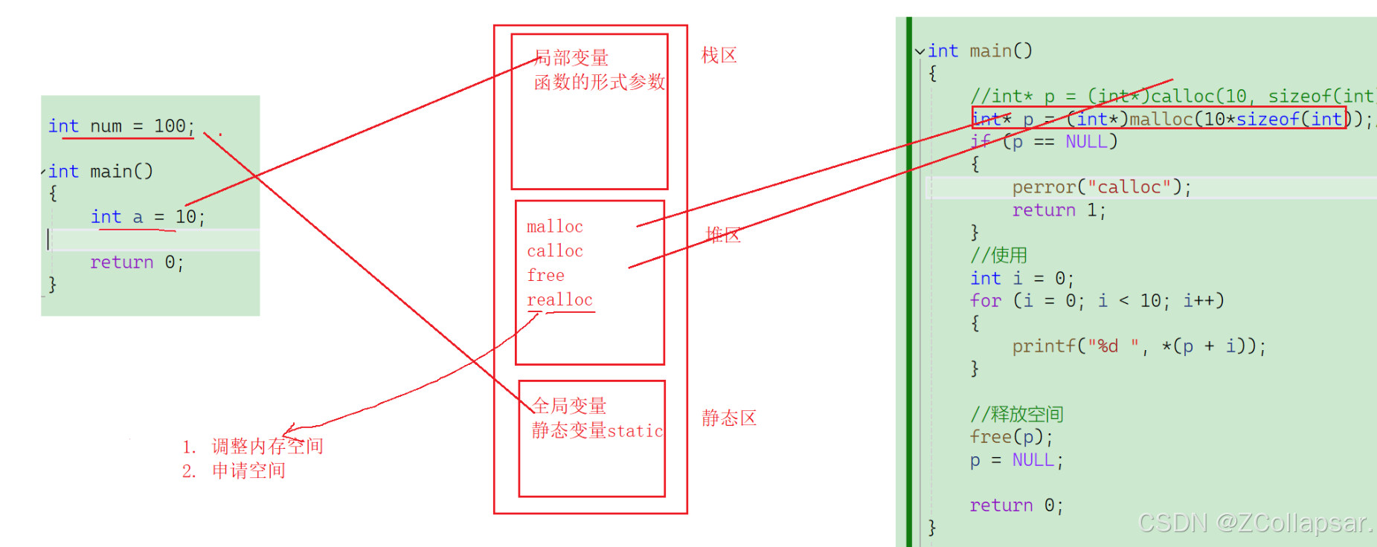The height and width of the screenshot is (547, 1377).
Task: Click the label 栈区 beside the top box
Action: click(x=719, y=56)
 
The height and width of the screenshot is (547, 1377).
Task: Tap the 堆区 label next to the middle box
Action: click(x=723, y=236)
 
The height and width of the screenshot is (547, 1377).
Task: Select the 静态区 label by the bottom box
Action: click(x=728, y=418)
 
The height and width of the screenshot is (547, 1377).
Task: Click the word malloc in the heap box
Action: click(x=555, y=227)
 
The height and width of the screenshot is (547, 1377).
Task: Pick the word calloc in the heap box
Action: click(x=555, y=251)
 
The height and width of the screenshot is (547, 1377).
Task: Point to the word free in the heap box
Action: click(x=546, y=276)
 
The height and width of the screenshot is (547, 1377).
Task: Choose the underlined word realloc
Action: click(x=560, y=300)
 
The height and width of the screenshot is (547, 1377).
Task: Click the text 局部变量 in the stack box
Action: click(x=571, y=58)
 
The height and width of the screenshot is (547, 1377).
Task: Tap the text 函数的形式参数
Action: click(x=600, y=82)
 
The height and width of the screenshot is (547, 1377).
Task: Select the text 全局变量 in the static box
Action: click(x=569, y=406)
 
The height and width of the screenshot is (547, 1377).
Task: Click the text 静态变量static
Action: click(x=597, y=431)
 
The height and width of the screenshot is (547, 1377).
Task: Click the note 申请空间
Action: click(x=248, y=471)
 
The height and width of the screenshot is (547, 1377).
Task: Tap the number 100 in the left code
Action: click(x=170, y=126)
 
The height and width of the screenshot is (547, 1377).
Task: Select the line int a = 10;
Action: click(x=147, y=217)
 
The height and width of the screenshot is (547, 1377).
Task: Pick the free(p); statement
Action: click(x=1011, y=437)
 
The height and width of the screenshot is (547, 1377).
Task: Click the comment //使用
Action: click(x=998, y=256)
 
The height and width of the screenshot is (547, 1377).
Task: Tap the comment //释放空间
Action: click(x=1016, y=414)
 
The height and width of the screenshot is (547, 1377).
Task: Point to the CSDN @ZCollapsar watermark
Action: click(x=1254, y=523)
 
